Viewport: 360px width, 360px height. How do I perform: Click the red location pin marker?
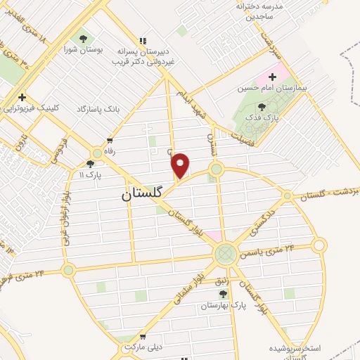[181, 165]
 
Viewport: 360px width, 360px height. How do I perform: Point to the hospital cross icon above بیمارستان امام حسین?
[273, 76]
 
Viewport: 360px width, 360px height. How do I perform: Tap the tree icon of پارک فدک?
[262, 107]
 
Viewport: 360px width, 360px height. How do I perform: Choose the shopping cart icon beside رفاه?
[109, 140]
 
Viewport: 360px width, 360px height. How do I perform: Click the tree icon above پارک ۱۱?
[89, 163]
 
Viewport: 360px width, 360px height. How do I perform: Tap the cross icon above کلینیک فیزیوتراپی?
[22, 97]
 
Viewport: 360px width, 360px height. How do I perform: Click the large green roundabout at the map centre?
[225, 254]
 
